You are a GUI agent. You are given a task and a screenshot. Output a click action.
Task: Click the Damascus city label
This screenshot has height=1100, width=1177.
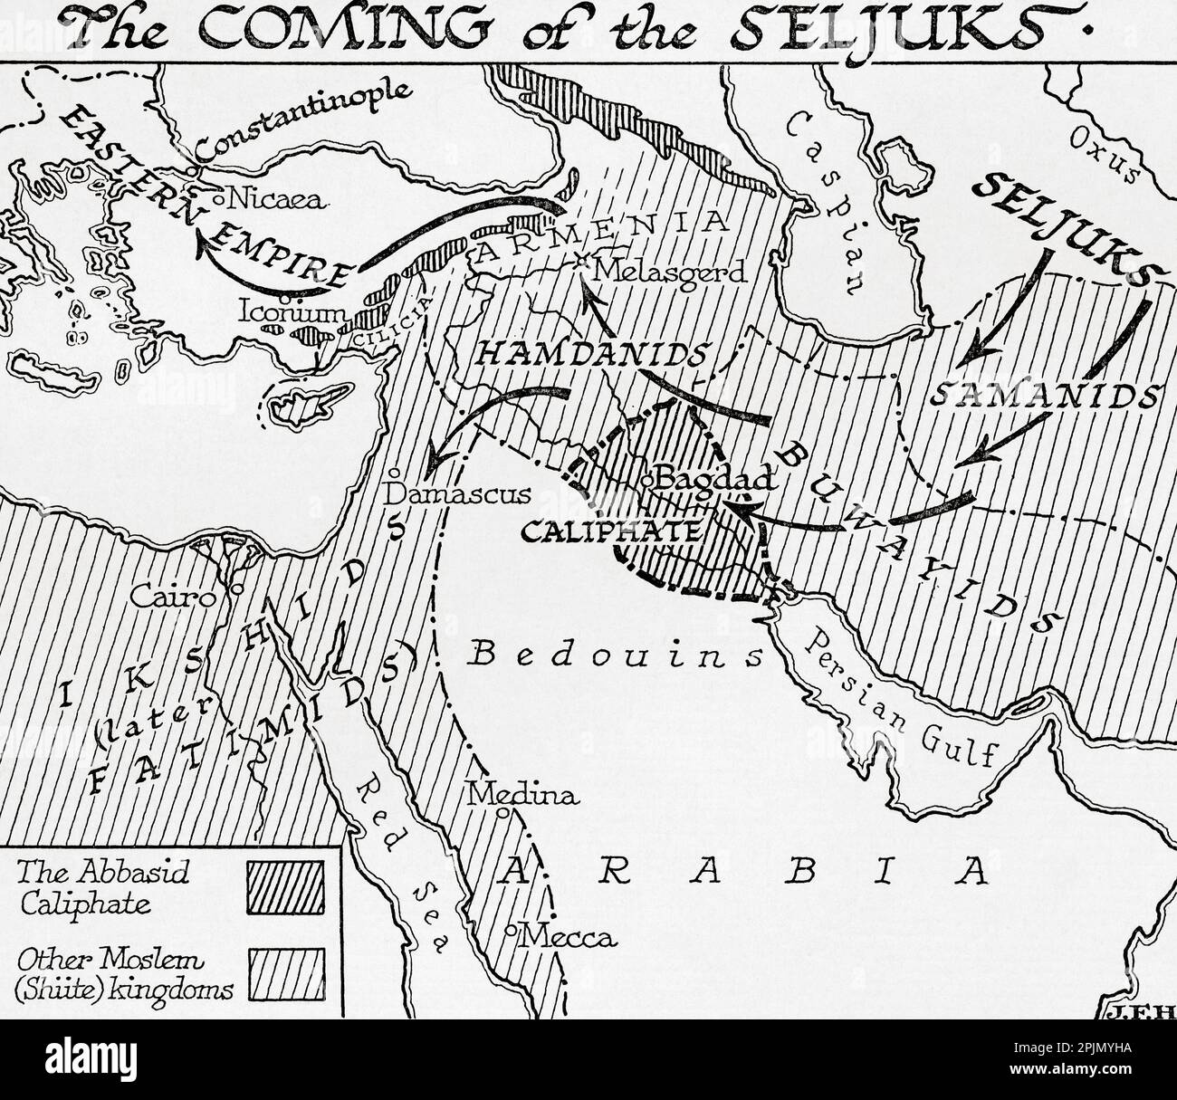tap(456, 494)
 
